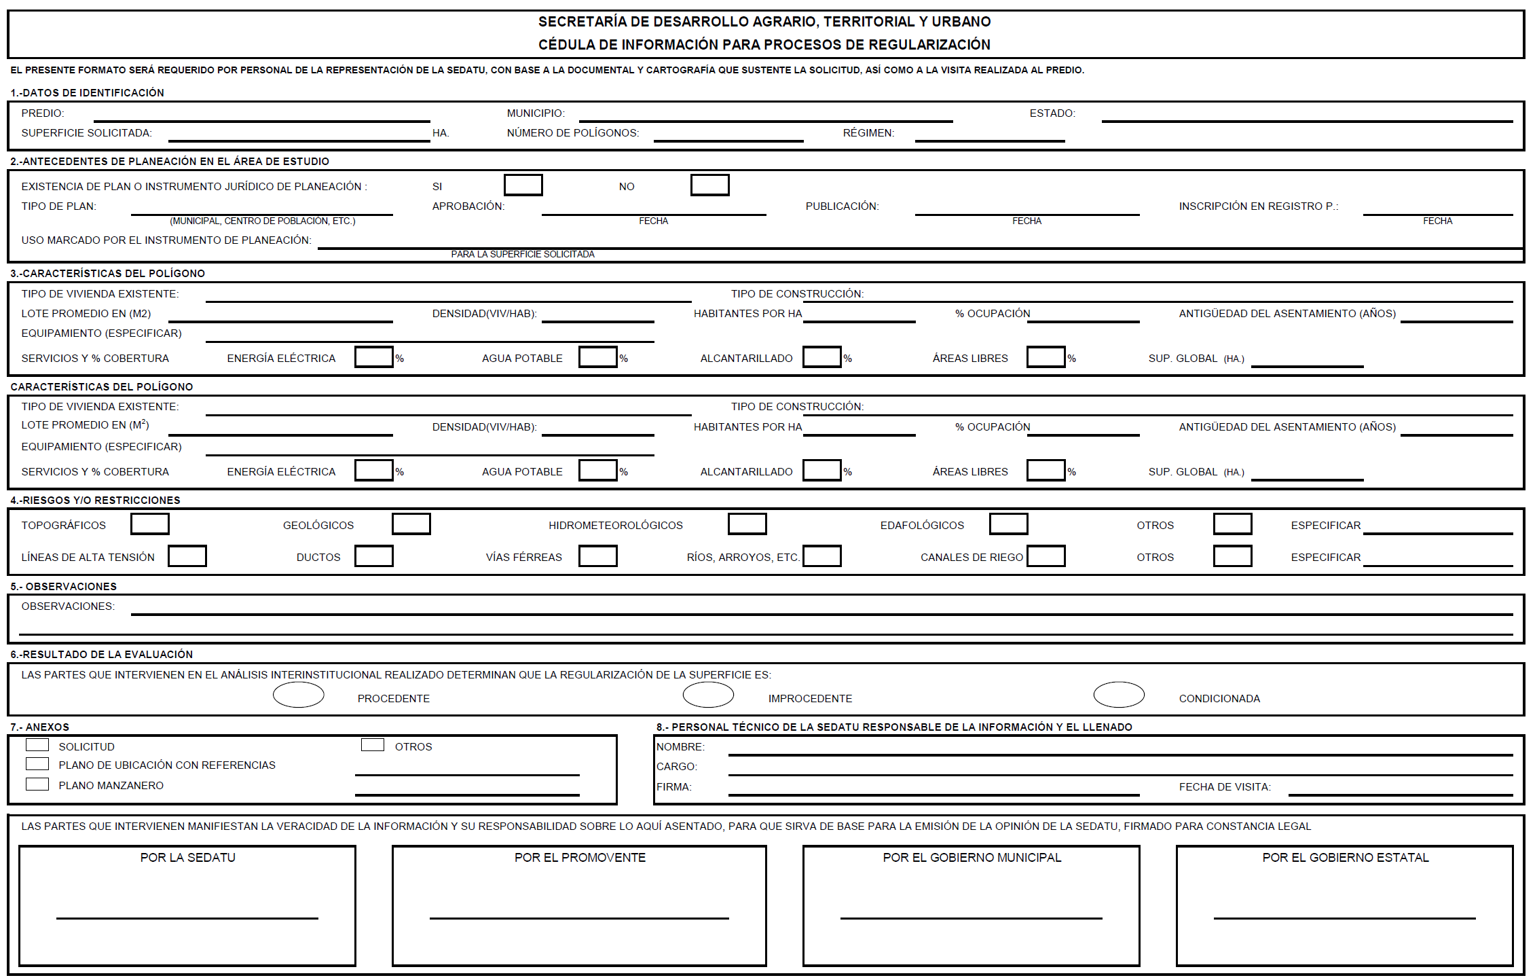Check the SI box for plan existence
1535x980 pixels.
(523, 185)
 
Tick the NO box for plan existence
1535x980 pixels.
(709, 185)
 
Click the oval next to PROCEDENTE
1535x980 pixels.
(298, 695)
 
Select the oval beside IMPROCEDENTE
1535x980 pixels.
(708, 695)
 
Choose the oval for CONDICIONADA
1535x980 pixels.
(1119, 695)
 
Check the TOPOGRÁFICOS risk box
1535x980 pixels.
(149, 524)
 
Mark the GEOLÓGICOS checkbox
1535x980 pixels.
(411, 524)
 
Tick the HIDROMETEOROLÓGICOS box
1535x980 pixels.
(747, 524)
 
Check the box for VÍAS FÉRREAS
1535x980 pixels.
(597, 556)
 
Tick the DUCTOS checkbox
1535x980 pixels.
(373, 556)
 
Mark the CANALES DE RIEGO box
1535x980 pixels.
(1046, 556)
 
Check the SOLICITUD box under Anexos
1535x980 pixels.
(37, 745)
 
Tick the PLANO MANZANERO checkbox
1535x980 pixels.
(37, 784)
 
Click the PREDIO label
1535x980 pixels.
(43, 113)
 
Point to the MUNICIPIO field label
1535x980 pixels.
(536, 113)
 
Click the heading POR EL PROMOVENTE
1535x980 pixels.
(580, 858)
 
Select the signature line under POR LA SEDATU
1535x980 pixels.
(187, 918)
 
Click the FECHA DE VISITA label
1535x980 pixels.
(1225, 787)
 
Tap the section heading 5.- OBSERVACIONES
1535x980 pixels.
(64, 587)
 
